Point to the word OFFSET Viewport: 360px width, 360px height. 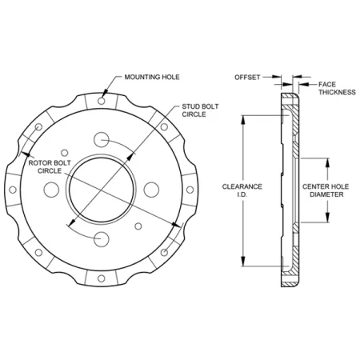click(248, 78)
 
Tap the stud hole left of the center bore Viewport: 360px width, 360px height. click(50, 190)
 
